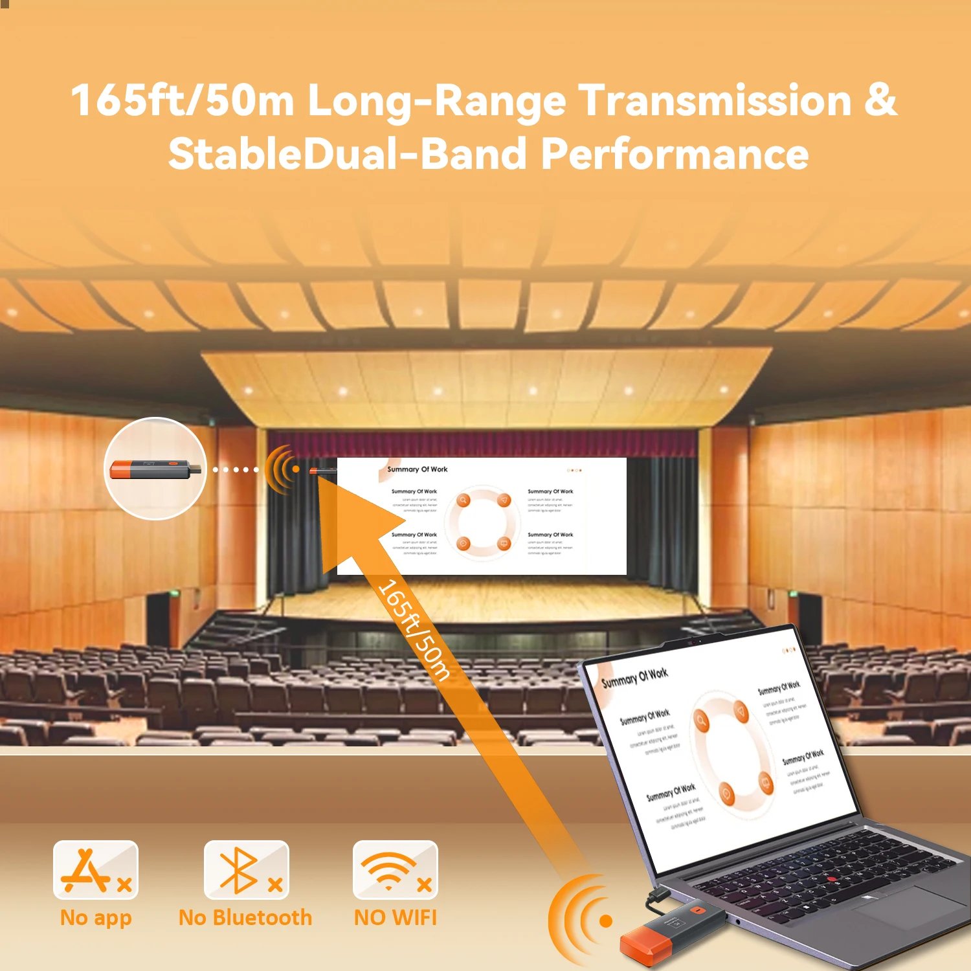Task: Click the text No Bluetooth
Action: click(245, 918)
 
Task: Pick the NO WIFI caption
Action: click(395, 918)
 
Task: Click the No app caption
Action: click(96, 918)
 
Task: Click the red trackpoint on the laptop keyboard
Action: click(832, 879)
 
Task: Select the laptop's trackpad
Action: click(903, 906)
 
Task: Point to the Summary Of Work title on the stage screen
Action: click(418, 469)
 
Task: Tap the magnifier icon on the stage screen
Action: click(463, 500)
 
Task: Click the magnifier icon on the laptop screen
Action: click(701, 719)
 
